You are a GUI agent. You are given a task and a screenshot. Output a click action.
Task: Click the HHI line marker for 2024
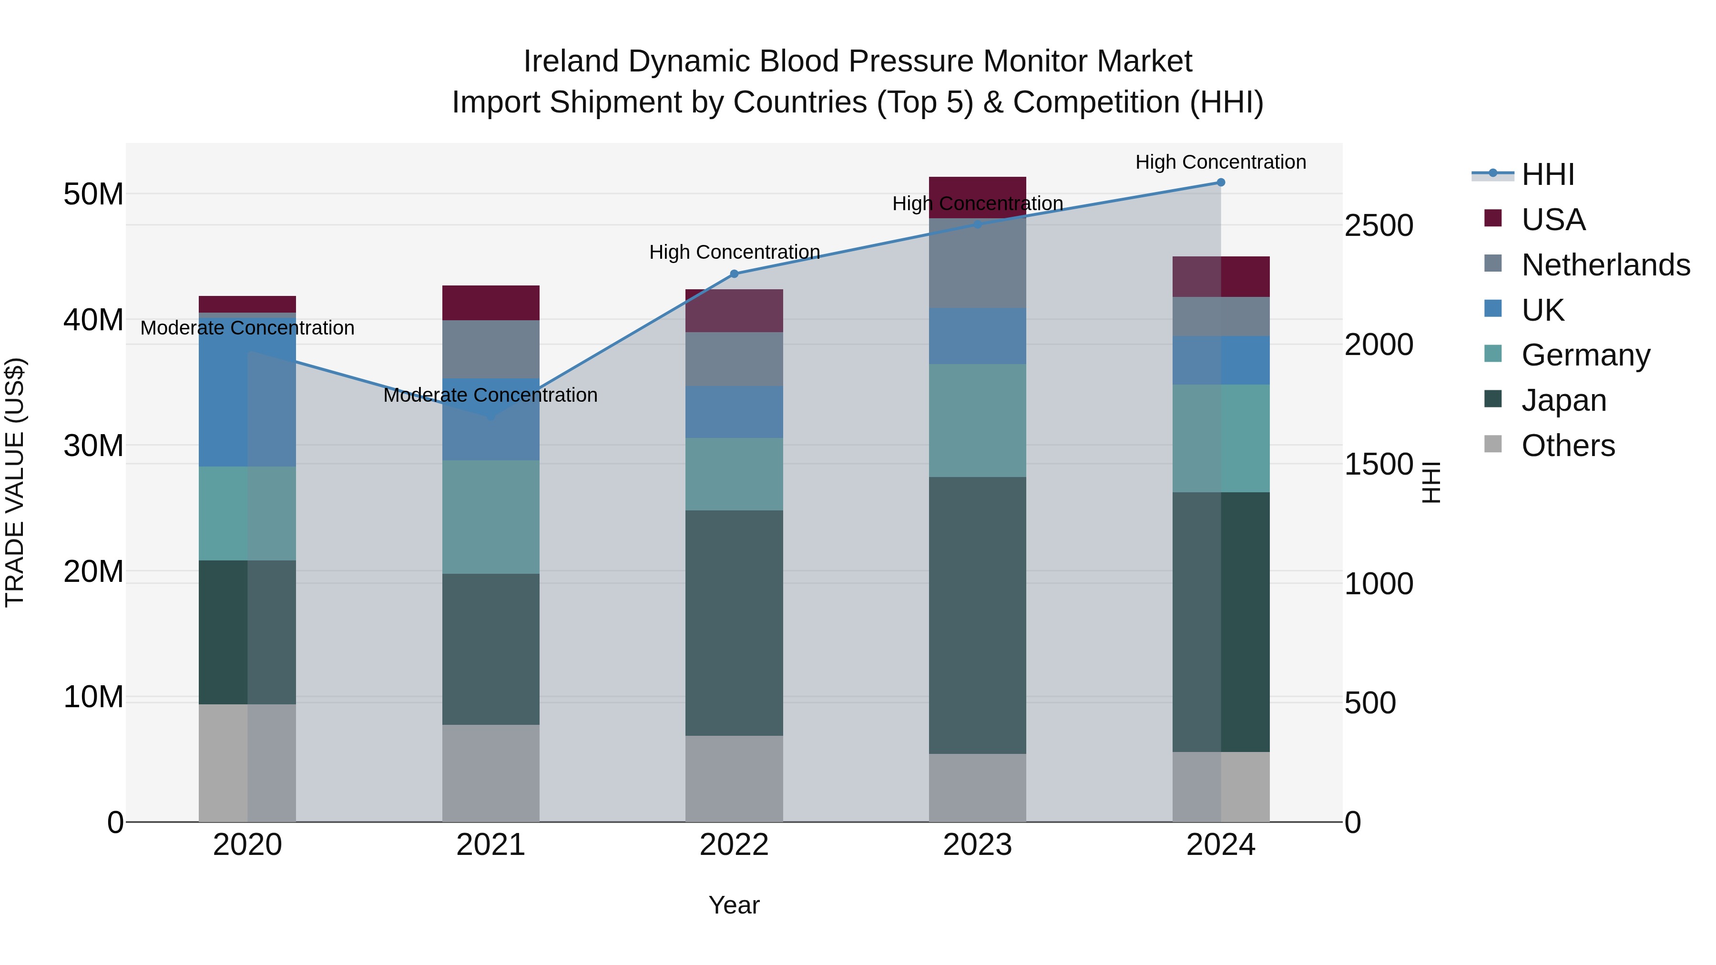coord(1220,183)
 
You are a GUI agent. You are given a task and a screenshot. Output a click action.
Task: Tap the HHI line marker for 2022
coord(734,274)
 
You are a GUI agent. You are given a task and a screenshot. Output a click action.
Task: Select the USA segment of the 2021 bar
coord(491,303)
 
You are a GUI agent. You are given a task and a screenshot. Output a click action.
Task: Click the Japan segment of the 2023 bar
coord(977,615)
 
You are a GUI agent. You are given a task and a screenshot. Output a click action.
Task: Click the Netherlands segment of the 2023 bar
coord(977,263)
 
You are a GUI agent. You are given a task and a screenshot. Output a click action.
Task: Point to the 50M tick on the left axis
coord(93,194)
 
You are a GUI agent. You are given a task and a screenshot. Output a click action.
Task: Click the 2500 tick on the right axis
coord(1378,226)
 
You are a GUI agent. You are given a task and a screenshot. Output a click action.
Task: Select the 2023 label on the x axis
coord(977,845)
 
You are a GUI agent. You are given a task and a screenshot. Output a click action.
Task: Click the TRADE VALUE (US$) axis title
coord(15,482)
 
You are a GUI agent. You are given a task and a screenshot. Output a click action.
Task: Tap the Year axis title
coord(734,905)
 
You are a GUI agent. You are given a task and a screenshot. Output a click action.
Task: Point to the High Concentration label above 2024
coord(1220,162)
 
